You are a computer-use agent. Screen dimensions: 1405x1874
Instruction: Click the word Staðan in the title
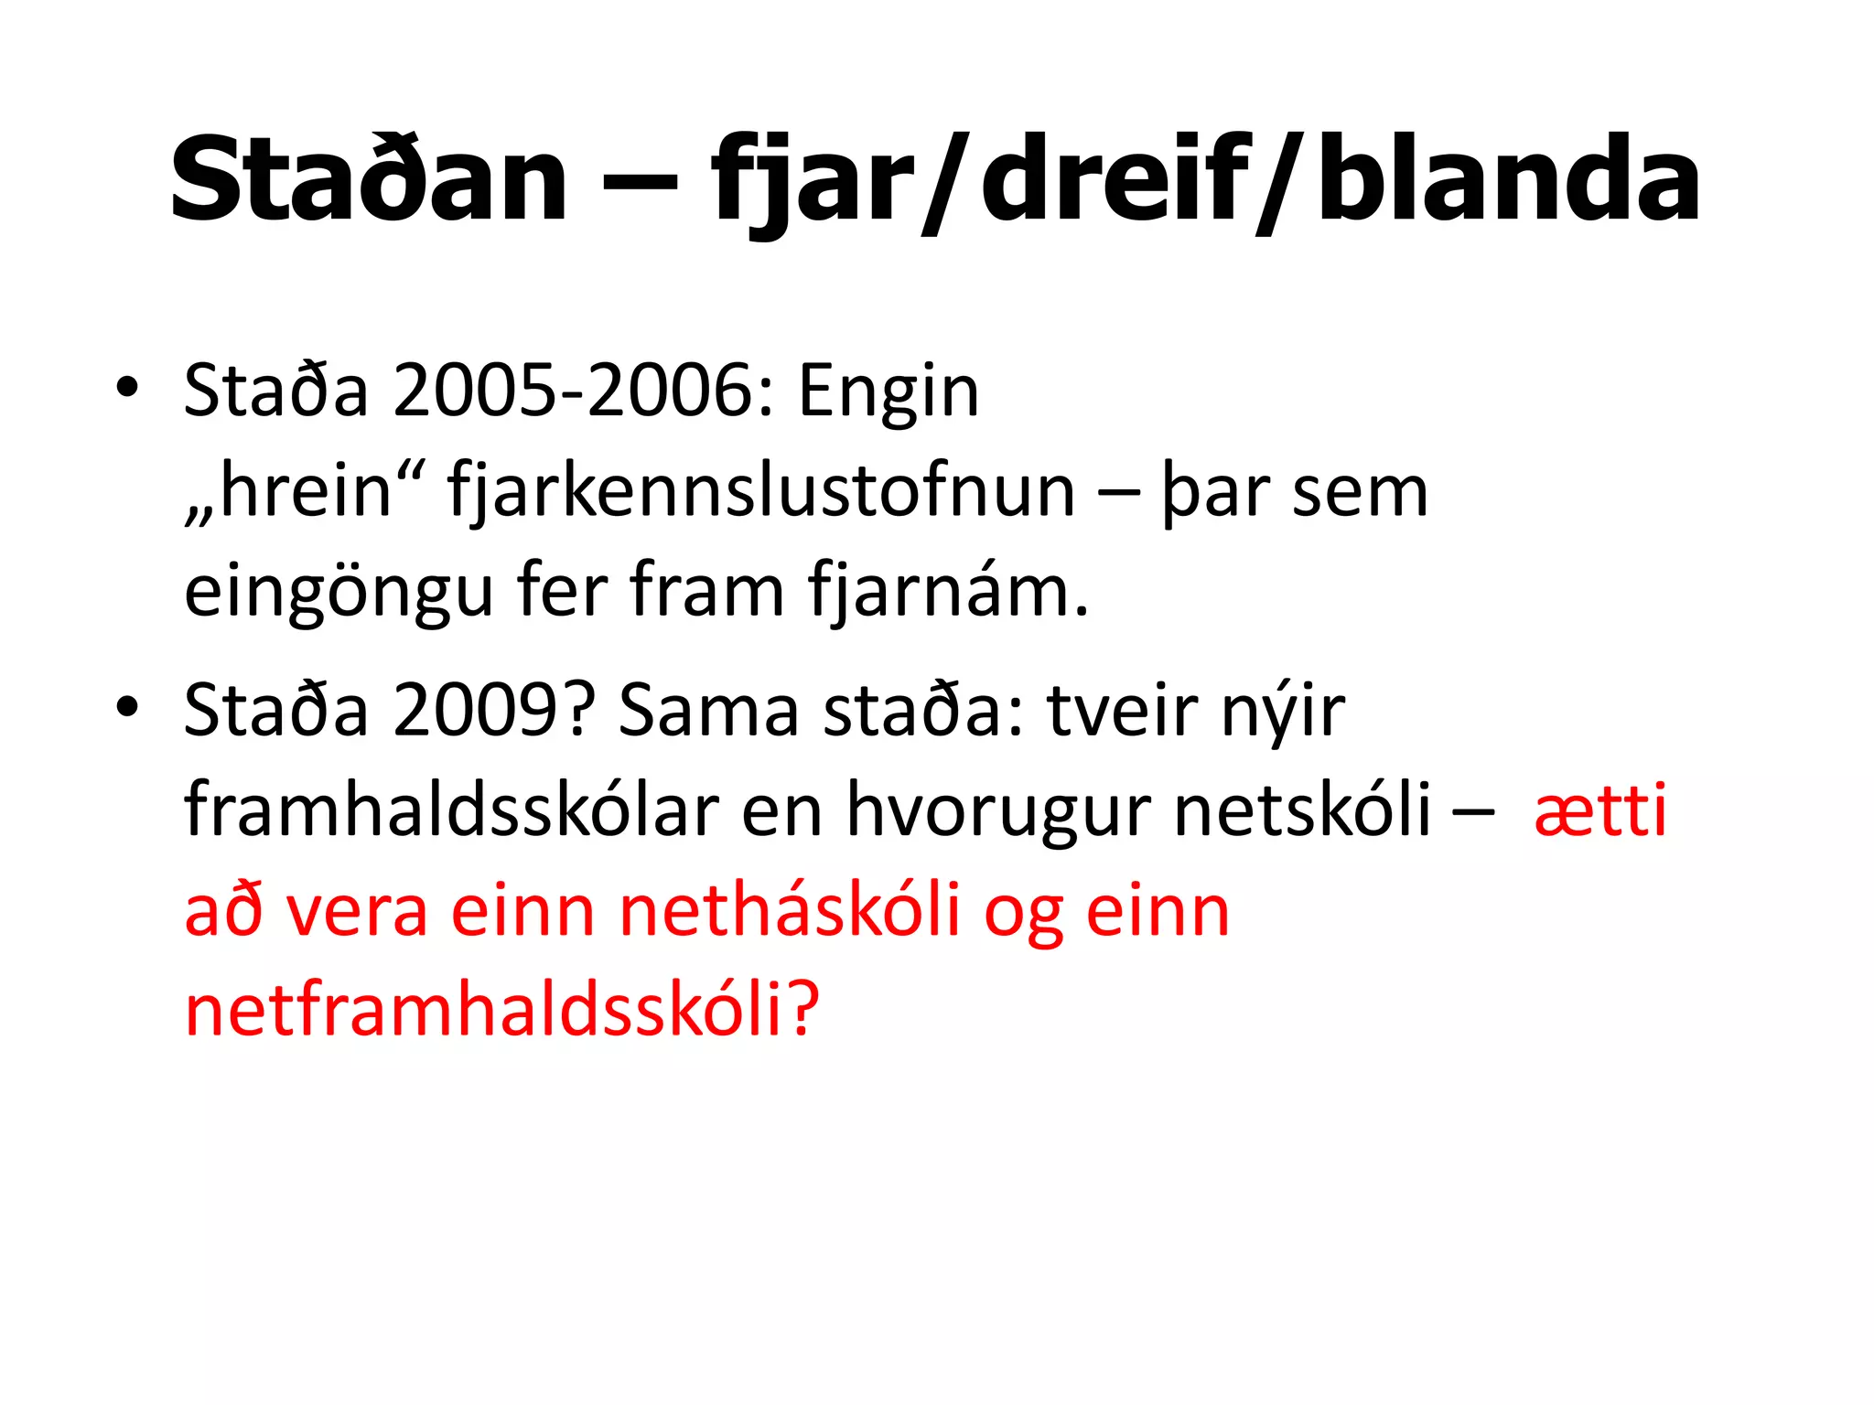tap(369, 179)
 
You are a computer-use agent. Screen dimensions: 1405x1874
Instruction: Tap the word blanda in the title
tap(1508, 179)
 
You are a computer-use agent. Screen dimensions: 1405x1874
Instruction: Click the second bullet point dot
tap(127, 706)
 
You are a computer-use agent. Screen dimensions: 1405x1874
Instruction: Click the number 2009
tap(484, 711)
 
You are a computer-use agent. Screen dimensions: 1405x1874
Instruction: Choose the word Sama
tap(709, 711)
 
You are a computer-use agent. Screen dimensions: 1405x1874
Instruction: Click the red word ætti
tap(1600, 810)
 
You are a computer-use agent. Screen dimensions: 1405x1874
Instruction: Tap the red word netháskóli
tap(790, 911)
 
